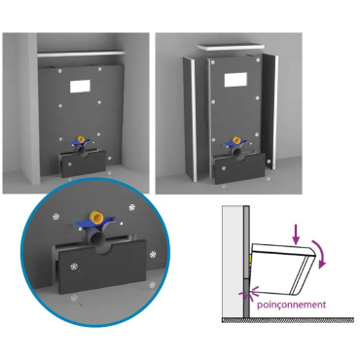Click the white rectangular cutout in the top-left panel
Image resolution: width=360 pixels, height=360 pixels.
coord(85,85)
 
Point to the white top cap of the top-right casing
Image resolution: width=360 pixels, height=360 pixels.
coord(234,46)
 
